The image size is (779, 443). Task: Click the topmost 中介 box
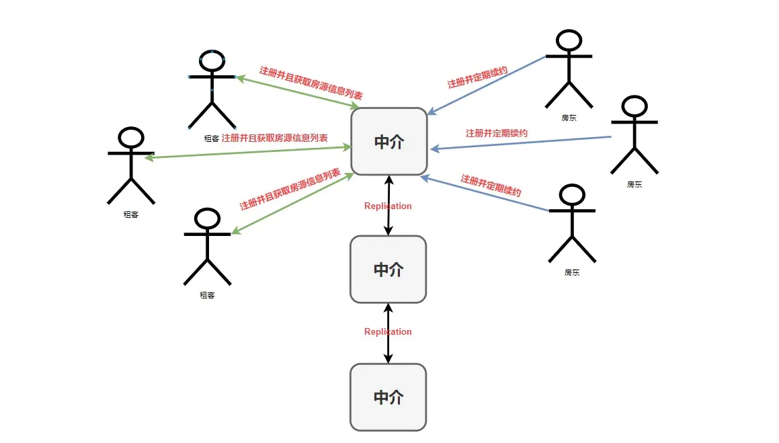pyautogui.click(x=389, y=142)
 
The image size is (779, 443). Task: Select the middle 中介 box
pyautogui.click(x=388, y=269)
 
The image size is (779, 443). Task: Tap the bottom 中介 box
pyautogui.click(x=388, y=397)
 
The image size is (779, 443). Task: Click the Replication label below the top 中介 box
pyautogui.click(x=388, y=206)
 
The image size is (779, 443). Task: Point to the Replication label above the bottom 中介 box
pyautogui.click(x=388, y=331)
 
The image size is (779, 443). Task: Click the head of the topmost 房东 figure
pyautogui.click(x=569, y=41)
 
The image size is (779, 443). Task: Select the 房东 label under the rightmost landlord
pyautogui.click(x=634, y=184)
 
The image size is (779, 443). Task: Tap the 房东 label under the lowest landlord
pyautogui.click(x=572, y=272)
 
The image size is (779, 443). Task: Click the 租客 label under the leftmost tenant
pyautogui.click(x=130, y=214)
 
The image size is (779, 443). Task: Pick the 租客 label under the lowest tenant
pyautogui.click(x=207, y=295)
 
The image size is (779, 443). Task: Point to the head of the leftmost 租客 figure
pyautogui.click(x=131, y=138)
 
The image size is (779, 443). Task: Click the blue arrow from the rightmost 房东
pyautogui.click(x=521, y=143)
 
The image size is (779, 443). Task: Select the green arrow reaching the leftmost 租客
pyautogui.click(x=248, y=152)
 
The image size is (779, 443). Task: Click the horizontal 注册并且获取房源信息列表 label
pyautogui.click(x=275, y=138)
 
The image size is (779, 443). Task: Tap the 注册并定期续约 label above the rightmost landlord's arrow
pyautogui.click(x=496, y=133)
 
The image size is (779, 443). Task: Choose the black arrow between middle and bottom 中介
pyautogui.click(x=388, y=333)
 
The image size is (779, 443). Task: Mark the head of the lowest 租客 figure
pyautogui.click(x=207, y=219)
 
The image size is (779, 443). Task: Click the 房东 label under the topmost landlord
pyautogui.click(x=569, y=118)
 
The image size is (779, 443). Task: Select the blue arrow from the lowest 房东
pyautogui.click(x=485, y=193)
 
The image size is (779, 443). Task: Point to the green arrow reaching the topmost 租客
pyautogui.click(x=298, y=92)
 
